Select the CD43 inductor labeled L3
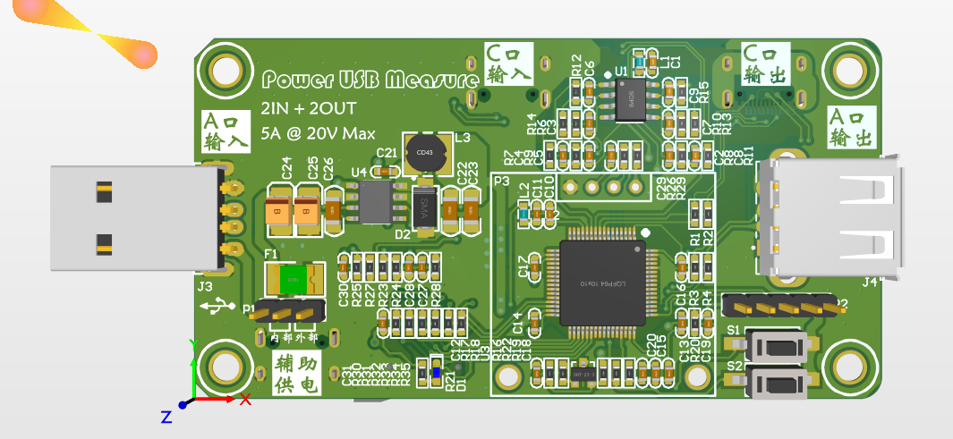click(425, 153)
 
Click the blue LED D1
click(436, 373)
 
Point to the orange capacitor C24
click(277, 211)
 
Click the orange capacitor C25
click(306, 211)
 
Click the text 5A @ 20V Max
click(318, 134)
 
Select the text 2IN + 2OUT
click(308, 108)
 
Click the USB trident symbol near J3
click(217, 308)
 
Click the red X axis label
click(245, 399)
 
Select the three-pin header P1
click(285, 313)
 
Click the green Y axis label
click(192, 343)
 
